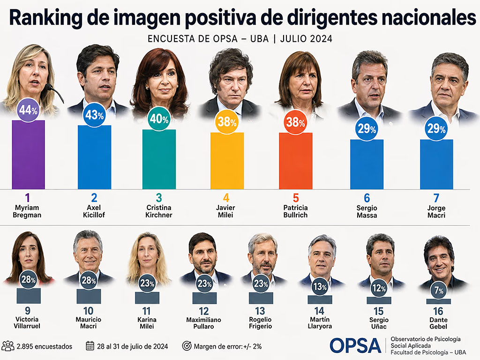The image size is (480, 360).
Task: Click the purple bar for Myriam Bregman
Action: click(x=29, y=155)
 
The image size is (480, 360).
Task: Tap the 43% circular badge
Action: click(x=95, y=115)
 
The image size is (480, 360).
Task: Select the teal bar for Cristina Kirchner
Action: click(x=159, y=159)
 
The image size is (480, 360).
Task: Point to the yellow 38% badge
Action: click(x=227, y=122)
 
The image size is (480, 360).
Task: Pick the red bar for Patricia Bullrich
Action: click(x=296, y=161)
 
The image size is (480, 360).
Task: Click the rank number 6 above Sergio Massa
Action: click(x=367, y=198)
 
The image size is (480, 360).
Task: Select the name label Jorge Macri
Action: click(x=436, y=211)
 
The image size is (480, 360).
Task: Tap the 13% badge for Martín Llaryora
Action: click(x=320, y=287)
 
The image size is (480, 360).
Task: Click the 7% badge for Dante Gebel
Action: click(x=439, y=290)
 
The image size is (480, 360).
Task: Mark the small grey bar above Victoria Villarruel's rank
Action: click(x=29, y=296)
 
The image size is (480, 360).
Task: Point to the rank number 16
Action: click(x=438, y=311)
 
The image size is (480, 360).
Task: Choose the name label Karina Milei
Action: click(x=147, y=323)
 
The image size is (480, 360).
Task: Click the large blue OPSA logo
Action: click(x=355, y=345)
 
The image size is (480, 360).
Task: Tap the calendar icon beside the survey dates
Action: click(x=90, y=346)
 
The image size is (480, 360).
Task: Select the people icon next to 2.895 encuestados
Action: click(x=8, y=346)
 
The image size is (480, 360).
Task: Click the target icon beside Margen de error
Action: click(x=187, y=346)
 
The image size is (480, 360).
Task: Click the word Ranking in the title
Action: click(x=45, y=18)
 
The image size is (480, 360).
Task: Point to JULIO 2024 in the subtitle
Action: click(x=306, y=39)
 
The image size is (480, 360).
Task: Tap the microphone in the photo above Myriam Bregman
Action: click(x=54, y=92)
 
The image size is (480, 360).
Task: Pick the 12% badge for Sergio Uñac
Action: click(x=379, y=288)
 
